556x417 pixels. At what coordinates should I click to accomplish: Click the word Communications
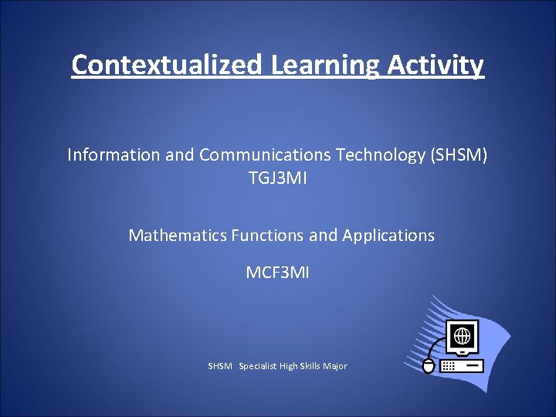[265, 155]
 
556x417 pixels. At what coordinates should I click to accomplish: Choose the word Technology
[375, 155]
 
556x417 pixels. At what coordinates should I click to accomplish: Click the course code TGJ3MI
[277, 178]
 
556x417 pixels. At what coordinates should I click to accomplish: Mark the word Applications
[388, 236]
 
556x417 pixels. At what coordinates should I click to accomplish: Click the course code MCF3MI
[277, 273]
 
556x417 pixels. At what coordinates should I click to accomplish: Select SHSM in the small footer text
[220, 366]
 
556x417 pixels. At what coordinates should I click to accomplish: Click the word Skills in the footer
[313, 366]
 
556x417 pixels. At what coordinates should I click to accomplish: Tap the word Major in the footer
[337, 366]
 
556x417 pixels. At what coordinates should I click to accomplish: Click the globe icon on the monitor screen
[463, 336]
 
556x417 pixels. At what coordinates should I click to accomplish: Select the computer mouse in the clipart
[429, 365]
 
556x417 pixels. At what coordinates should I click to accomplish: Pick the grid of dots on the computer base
[449, 365]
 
